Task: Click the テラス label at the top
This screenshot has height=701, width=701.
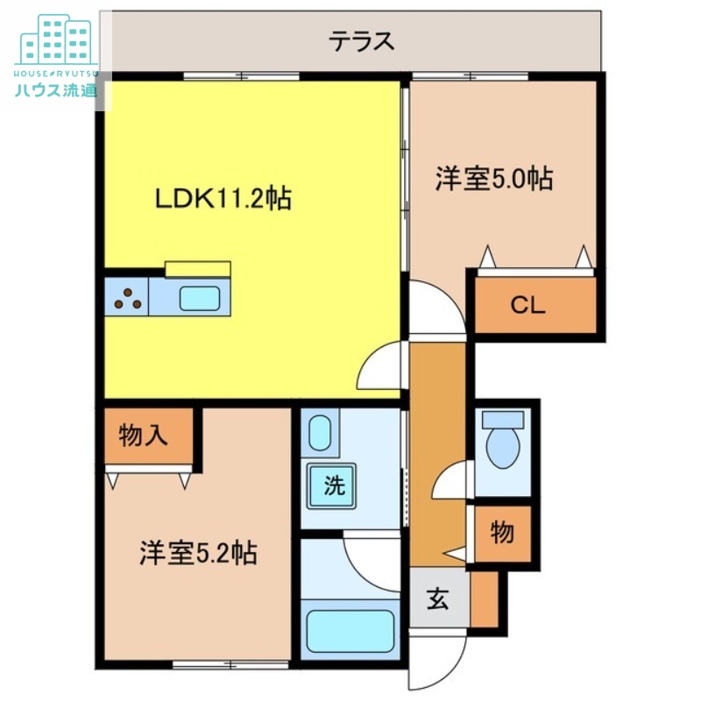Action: tap(361, 40)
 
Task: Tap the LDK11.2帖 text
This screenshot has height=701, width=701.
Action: tap(223, 198)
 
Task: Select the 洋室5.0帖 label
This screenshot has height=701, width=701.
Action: tap(494, 180)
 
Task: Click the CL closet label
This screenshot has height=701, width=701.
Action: tap(528, 306)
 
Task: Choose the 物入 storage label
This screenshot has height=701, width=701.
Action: tap(143, 435)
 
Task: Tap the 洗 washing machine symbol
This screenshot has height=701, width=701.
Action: tap(334, 486)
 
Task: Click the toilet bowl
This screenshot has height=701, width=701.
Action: tap(502, 449)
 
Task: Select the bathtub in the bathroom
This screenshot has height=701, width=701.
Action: tap(349, 629)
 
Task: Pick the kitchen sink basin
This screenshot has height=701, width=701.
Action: tap(200, 298)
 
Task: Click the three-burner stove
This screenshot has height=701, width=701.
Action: tap(127, 298)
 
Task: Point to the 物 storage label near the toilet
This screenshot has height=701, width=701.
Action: tap(502, 533)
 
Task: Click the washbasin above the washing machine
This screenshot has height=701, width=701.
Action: tap(320, 433)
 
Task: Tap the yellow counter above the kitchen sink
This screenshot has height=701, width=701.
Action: tap(198, 268)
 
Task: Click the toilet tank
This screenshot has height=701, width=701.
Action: tap(502, 420)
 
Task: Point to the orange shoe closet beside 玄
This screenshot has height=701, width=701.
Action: tap(484, 599)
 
